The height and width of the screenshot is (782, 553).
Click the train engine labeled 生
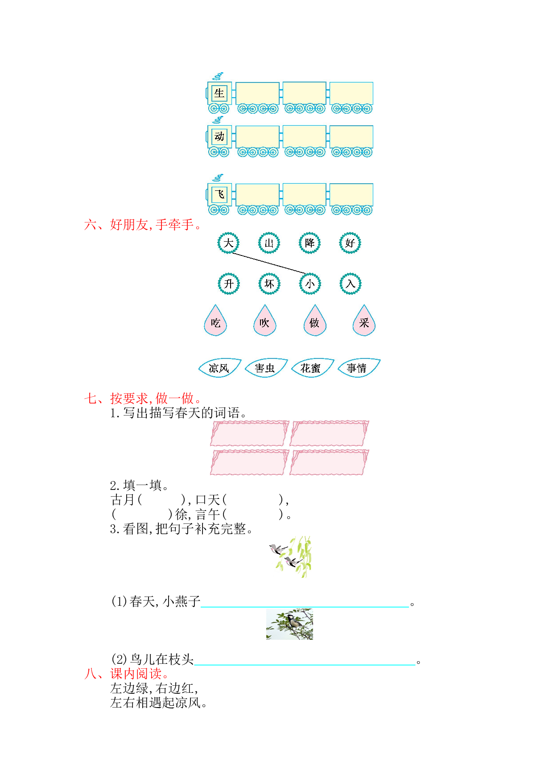click(219, 94)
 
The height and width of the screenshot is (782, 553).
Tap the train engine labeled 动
click(219, 137)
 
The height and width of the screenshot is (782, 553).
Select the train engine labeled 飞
click(219, 195)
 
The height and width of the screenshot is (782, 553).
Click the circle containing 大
click(228, 243)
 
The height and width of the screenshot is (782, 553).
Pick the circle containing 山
click(269, 243)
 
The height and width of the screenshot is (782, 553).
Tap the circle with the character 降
click(310, 243)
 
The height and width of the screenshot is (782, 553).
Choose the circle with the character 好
click(350, 243)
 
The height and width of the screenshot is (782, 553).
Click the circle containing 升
click(229, 284)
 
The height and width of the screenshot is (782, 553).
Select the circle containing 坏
click(269, 284)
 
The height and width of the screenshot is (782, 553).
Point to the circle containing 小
click(310, 284)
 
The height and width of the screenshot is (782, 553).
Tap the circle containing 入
click(351, 284)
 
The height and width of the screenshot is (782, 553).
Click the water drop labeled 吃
click(216, 321)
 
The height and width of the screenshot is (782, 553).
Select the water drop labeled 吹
click(265, 321)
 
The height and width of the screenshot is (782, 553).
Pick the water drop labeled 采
click(364, 321)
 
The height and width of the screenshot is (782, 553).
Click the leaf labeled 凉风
click(219, 368)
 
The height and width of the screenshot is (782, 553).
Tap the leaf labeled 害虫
click(266, 368)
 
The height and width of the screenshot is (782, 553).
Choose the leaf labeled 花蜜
click(312, 368)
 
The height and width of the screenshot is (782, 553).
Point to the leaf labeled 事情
click(359, 368)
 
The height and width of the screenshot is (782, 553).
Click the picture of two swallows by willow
click(291, 557)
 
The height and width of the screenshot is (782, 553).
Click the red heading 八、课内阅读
click(127, 673)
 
